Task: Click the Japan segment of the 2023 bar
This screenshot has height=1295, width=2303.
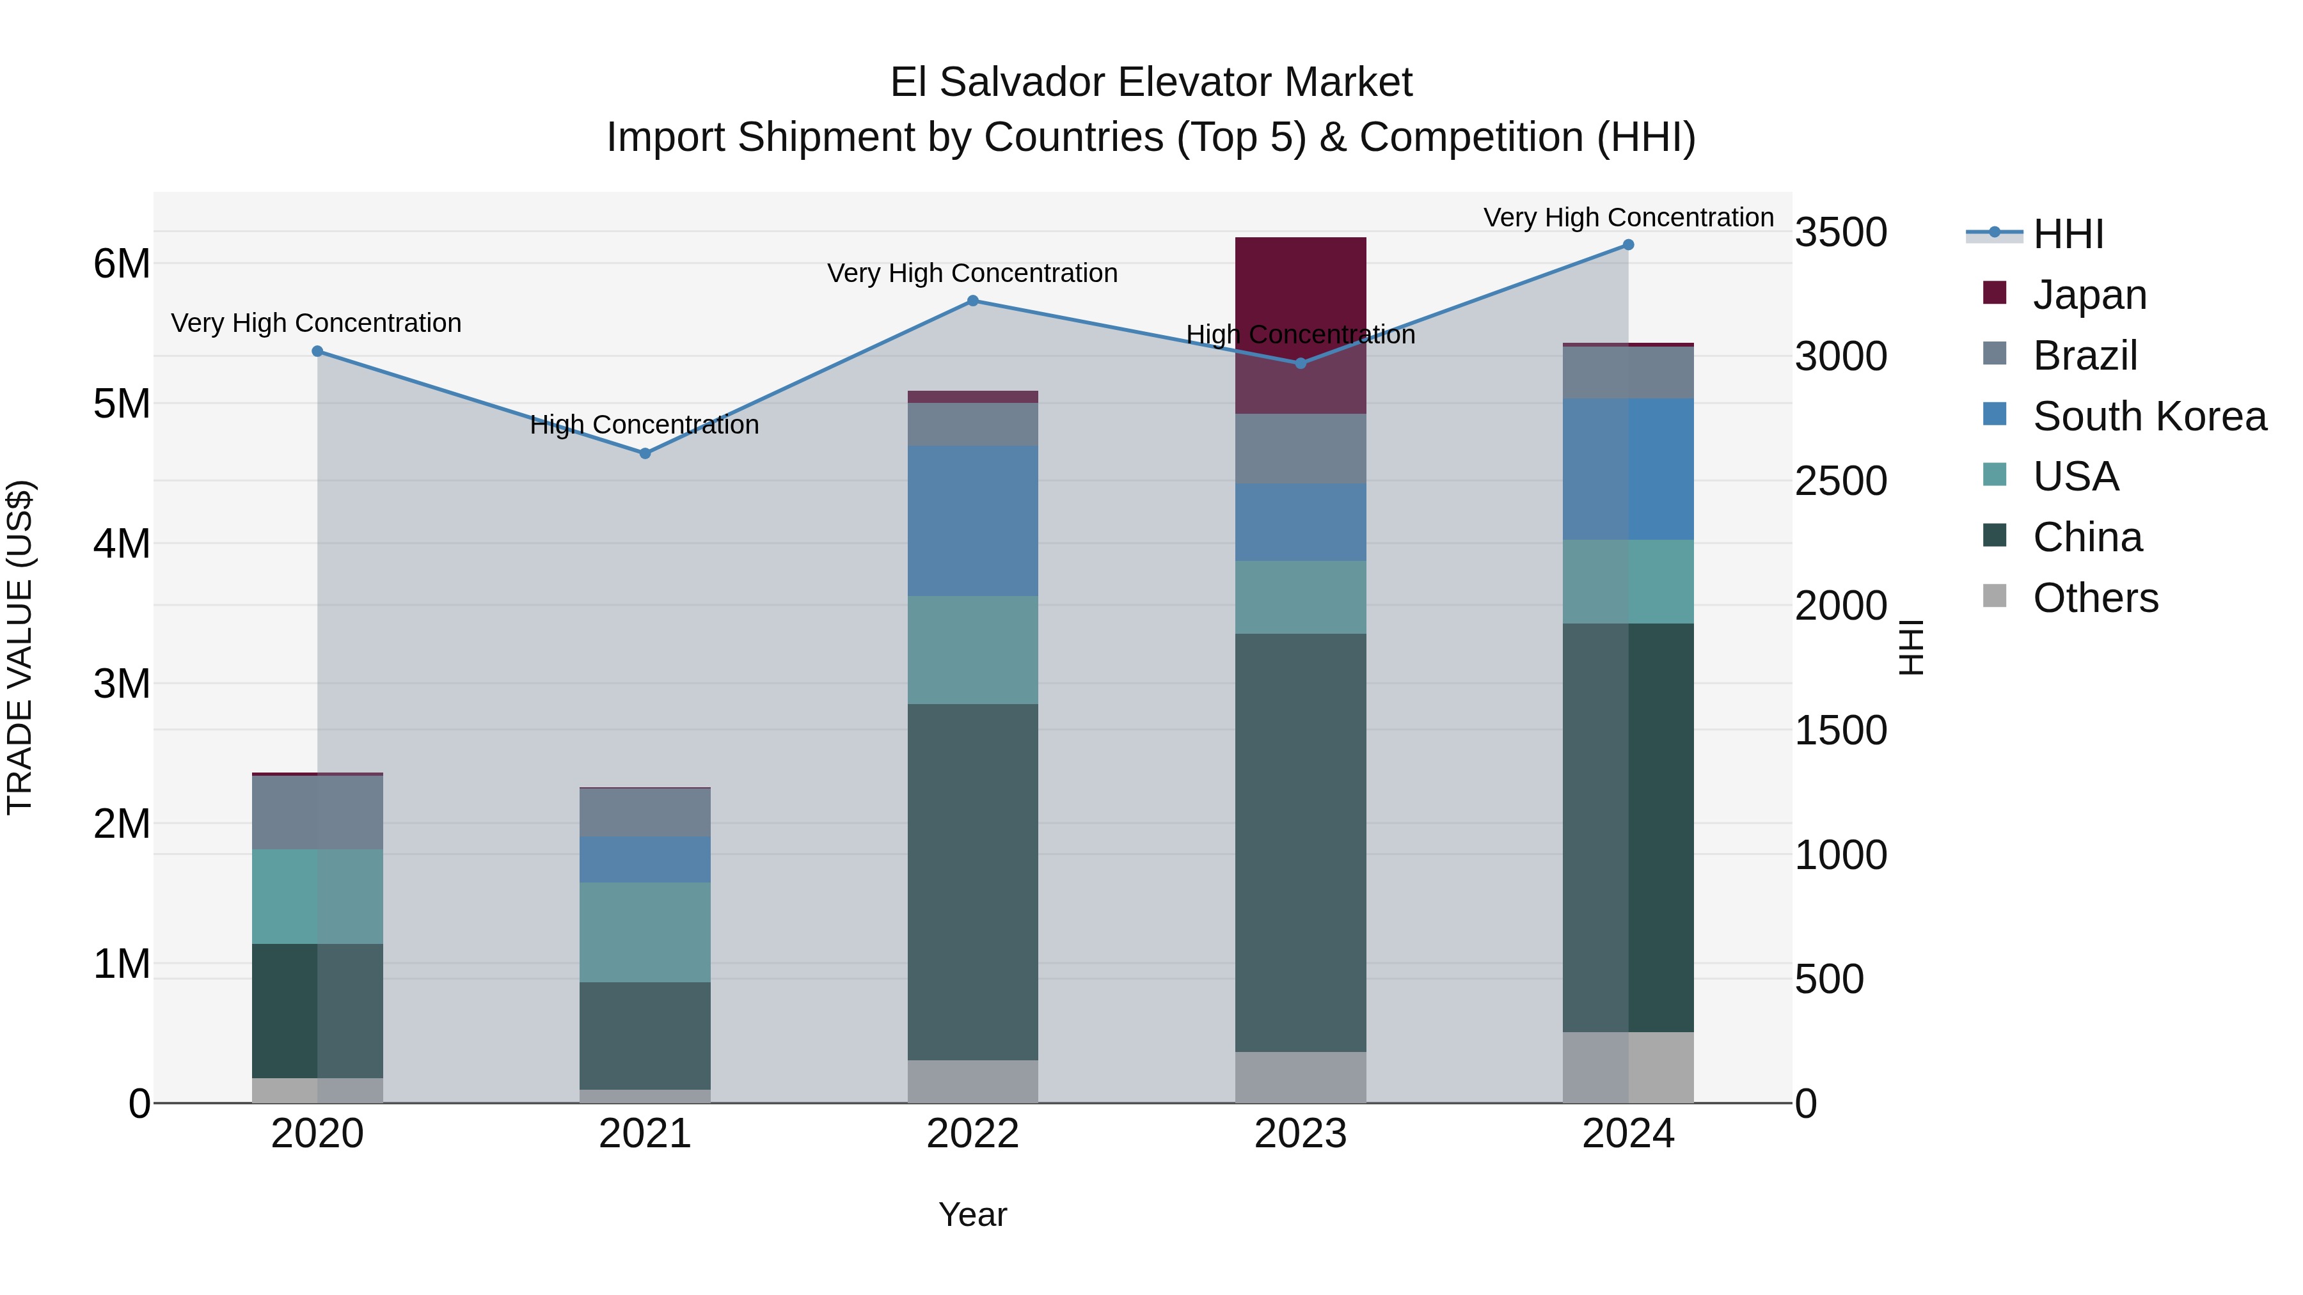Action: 1300,295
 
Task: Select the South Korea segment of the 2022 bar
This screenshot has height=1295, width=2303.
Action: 972,521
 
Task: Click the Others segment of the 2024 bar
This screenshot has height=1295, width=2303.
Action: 1628,1067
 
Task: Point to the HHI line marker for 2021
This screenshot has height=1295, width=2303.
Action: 645,453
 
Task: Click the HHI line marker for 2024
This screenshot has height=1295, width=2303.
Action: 1628,245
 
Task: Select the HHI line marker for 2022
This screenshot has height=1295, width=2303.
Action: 972,301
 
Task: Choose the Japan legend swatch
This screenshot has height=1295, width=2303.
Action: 1995,293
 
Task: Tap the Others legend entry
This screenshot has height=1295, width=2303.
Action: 2094,598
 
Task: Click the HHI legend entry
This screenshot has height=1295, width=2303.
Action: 2067,234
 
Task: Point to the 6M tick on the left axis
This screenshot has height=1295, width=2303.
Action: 122,263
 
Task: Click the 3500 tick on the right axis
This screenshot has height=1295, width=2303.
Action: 1840,232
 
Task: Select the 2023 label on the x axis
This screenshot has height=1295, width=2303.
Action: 1300,1134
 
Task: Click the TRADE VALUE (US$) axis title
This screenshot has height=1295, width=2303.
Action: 20,647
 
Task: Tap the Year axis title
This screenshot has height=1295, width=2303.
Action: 972,1214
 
